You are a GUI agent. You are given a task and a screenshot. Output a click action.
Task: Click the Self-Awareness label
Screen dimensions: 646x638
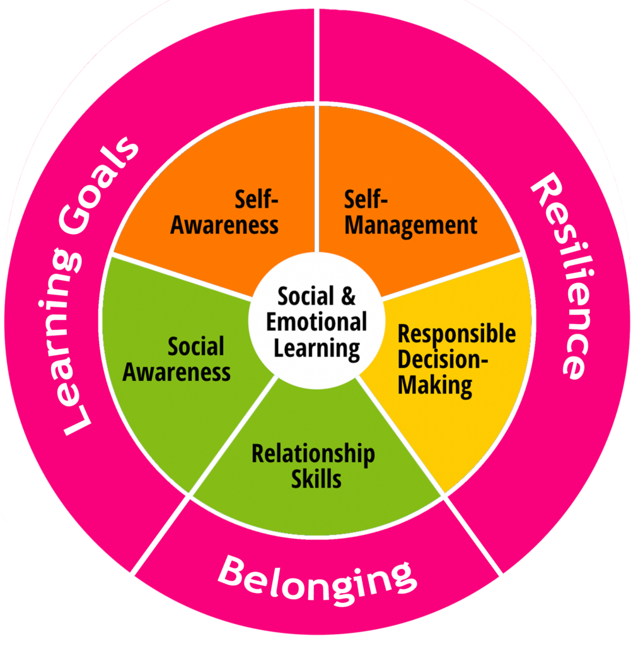click(224, 213)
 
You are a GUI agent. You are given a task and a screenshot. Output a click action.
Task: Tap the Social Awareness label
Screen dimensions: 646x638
click(177, 359)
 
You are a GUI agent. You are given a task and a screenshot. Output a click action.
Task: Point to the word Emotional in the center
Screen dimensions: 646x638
click(316, 322)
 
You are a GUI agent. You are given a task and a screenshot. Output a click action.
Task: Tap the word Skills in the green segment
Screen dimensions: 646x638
click(316, 479)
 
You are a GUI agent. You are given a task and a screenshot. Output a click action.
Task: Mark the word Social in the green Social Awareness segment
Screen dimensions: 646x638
click(196, 346)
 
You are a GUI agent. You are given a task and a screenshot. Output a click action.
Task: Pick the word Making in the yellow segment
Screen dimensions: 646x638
click(435, 385)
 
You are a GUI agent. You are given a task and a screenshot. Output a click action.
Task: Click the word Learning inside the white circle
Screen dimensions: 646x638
click(316, 348)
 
